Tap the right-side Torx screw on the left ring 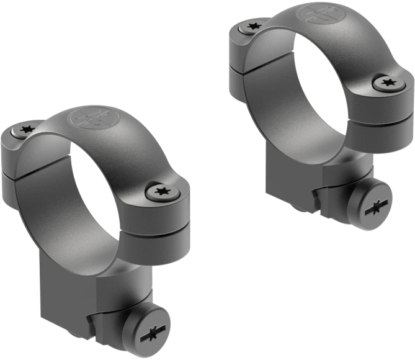(163, 192)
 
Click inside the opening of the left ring (93, 186)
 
